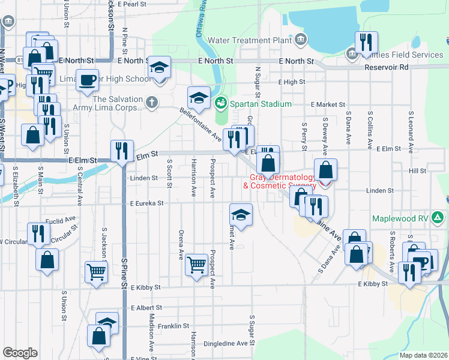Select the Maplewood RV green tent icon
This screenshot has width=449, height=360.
tap(439, 218)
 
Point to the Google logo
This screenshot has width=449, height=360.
tap(20, 353)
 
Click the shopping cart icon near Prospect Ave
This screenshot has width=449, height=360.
tap(196, 264)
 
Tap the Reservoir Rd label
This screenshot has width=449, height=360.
tap(386, 67)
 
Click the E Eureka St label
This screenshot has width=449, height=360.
tap(146, 203)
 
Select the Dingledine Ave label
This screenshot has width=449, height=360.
tap(225, 344)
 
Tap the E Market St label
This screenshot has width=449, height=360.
tap(328, 104)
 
